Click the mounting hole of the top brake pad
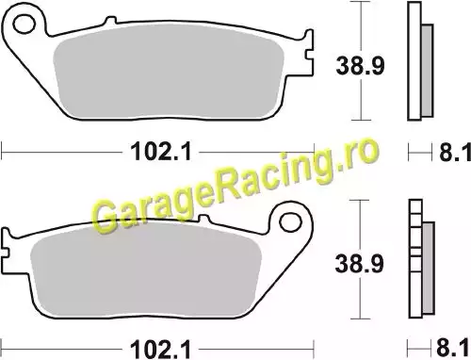[24, 25]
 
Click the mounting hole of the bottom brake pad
[290, 222]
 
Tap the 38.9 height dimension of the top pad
[360, 66]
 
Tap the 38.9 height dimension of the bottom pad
[359, 263]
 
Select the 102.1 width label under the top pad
[160, 152]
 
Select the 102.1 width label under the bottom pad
[160, 349]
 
